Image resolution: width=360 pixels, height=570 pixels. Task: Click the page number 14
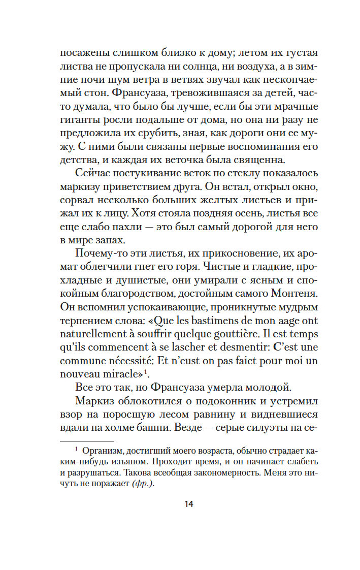[x=189, y=504]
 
